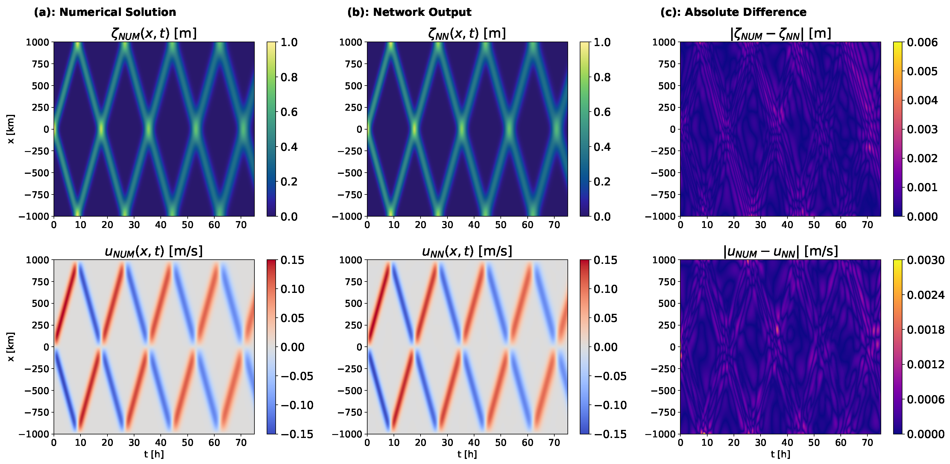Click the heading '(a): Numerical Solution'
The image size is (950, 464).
click(105, 12)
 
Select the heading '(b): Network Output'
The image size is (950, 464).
click(409, 12)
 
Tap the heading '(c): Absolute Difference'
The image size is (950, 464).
click(733, 12)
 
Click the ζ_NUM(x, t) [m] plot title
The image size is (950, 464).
click(154, 34)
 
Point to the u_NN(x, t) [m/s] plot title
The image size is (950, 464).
click(467, 251)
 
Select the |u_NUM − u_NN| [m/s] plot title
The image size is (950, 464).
click(780, 251)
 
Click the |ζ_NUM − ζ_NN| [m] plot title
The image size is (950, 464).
click(780, 34)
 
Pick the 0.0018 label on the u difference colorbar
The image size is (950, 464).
click(926, 329)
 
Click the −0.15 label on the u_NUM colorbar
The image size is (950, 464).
click(297, 434)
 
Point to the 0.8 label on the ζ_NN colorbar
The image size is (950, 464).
click(602, 77)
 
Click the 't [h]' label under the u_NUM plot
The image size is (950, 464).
click(154, 454)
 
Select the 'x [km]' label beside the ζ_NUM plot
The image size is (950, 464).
click(11, 129)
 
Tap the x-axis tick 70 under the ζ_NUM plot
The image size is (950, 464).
click(241, 225)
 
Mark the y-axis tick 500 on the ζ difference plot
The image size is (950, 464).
click(667, 86)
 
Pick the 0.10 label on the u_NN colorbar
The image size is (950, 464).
click(605, 289)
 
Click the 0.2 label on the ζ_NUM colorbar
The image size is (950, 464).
click(289, 182)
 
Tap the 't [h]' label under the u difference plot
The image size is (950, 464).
click(780, 454)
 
